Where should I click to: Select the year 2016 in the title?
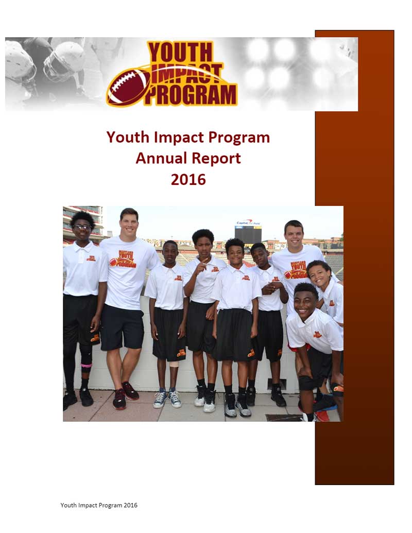coord(188,179)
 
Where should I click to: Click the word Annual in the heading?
coord(159,158)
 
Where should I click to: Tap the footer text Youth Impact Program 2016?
coord(99,505)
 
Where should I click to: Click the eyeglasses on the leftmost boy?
coord(82,227)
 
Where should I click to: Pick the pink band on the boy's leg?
coord(86,366)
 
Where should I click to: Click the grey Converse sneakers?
coord(168,398)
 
